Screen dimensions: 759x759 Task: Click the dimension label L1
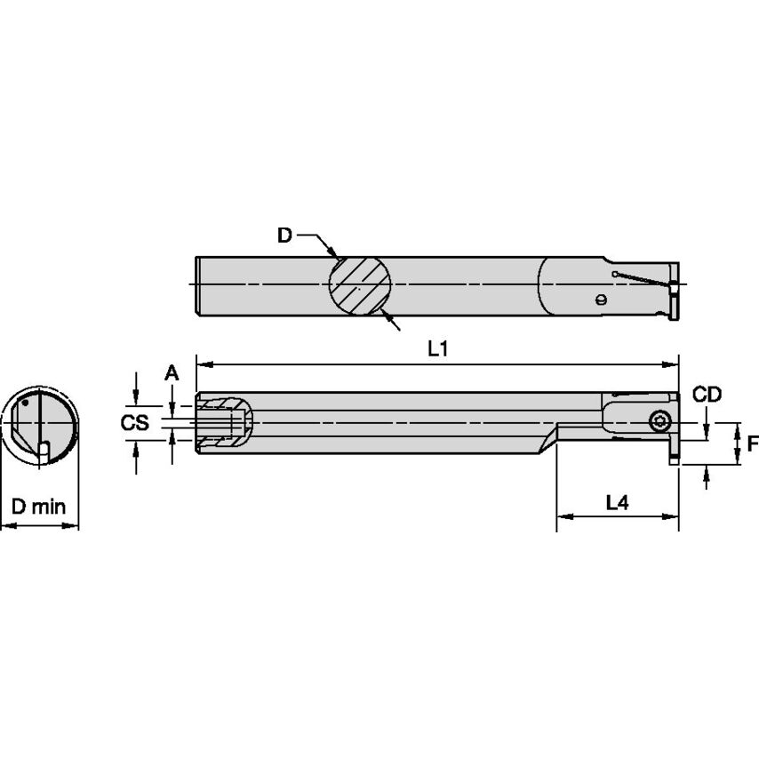click(x=436, y=349)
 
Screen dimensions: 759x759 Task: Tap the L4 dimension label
click(x=617, y=502)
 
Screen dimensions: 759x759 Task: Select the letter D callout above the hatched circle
click(x=284, y=236)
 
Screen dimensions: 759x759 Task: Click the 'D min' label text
click(x=38, y=507)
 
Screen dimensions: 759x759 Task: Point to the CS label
click(x=134, y=423)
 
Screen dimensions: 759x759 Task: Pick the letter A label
click(x=172, y=374)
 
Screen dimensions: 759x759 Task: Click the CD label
click(x=707, y=395)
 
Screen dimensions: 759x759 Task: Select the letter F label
click(x=752, y=443)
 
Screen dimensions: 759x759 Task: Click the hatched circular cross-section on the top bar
click(x=360, y=284)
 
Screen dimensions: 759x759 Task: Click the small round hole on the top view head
click(x=602, y=300)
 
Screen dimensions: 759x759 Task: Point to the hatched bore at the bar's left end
click(x=222, y=423)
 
